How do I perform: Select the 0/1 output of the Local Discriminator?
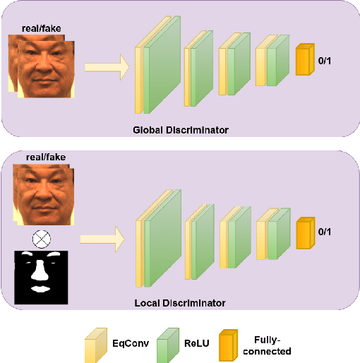point(323,232)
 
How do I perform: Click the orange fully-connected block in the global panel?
point(304,60)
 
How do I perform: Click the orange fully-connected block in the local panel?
point(304,234)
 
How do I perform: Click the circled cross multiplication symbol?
point(42,239)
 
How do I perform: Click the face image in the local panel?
point(43,194)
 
